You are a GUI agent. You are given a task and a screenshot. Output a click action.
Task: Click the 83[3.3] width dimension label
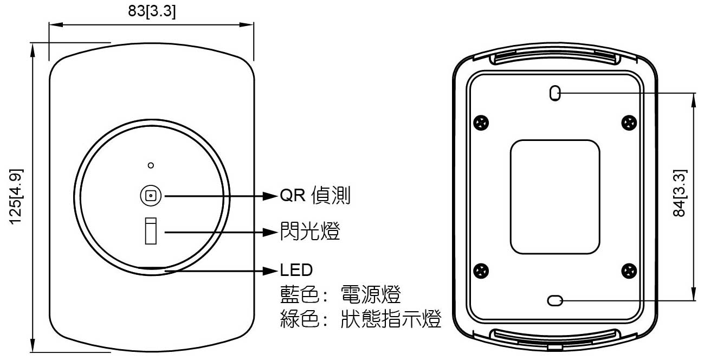point(152,11)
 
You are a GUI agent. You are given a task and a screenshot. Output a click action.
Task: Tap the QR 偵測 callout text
point(315,195)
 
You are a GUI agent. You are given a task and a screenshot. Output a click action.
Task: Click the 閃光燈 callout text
point(310,232)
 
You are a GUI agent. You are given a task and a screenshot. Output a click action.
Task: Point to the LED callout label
point(296,269)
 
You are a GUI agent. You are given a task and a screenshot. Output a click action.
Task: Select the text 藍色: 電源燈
point(340,295)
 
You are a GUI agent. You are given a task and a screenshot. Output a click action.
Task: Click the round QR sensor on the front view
point(151,195)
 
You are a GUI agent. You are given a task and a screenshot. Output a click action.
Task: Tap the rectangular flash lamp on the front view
point(150,232)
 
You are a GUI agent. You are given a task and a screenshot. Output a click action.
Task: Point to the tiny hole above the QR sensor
point(151,164)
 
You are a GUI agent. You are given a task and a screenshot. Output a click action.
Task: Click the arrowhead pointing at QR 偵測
point(270,195)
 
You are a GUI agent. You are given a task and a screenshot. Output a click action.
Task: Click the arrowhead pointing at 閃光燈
point(270,232)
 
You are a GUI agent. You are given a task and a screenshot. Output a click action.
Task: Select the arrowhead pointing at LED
point(270,269)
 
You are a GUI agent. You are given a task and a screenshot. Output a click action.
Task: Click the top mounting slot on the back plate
point(554,93)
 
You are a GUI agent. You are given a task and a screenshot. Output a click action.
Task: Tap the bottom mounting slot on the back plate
point(554,300)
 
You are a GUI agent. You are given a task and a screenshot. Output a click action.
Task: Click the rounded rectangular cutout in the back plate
point(554,196)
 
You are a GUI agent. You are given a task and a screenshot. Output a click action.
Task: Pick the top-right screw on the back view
point(628,123)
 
